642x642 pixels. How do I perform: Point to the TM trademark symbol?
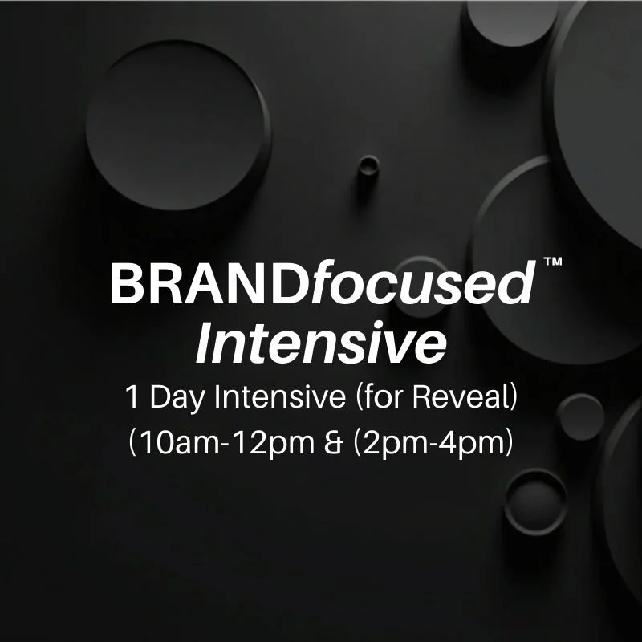[x=552, y=262]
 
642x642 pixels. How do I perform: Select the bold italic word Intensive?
[x=320, y=343]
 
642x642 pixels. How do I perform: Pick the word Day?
[x=174, y=400]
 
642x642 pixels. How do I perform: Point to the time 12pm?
[x=270, y=445]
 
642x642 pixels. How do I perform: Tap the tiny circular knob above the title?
[x=368, y=166]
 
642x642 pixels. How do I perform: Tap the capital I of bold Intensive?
[x=205, y=343]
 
